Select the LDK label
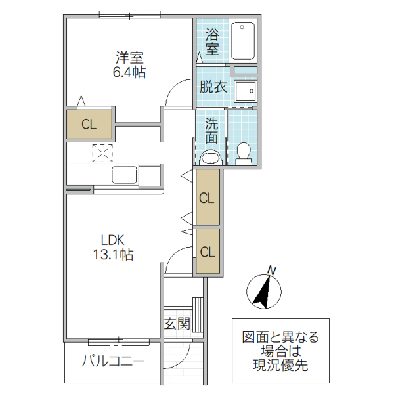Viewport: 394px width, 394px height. tap(112, 240)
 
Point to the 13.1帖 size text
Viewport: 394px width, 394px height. tap(112, 255)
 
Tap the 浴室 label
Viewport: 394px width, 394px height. tap(211, 41)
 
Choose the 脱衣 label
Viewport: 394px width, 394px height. tap(213, 87)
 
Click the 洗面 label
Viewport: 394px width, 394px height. tap(211, 130)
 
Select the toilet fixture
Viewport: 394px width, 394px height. tap(243, 153)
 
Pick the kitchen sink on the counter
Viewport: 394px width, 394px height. tap(125, 175)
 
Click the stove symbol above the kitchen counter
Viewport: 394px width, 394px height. tap(102, 153)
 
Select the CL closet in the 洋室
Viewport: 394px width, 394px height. tap(89, 124)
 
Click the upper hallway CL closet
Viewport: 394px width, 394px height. tap(207, 197)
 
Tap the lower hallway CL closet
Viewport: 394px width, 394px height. tap(208, 251)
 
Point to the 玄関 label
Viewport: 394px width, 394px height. tap(177, 323)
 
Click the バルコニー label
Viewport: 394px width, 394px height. tap(113, 362)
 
